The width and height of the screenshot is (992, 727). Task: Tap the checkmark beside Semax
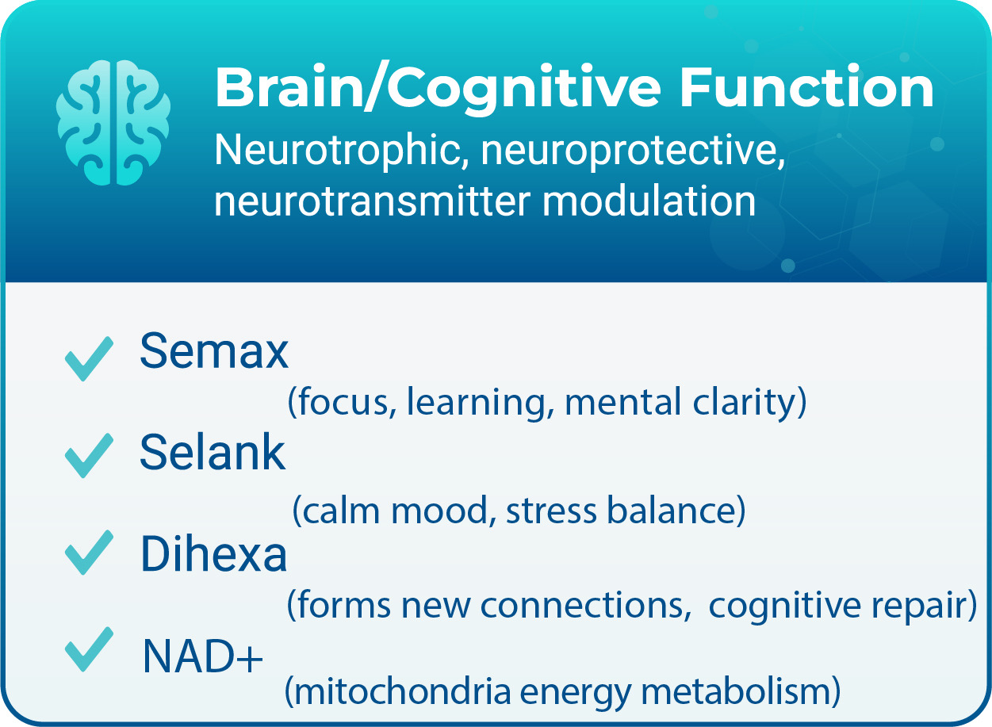click(x=89, y=358)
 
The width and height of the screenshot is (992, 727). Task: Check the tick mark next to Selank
click(x=89, y=456)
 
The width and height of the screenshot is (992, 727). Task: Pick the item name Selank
click(x=213, y=453)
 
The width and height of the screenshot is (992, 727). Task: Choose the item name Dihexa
click(x=213, y=555)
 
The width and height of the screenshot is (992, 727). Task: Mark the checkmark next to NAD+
click(x=89, y=650)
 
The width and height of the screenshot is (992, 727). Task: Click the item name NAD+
click(x=202, y=656)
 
